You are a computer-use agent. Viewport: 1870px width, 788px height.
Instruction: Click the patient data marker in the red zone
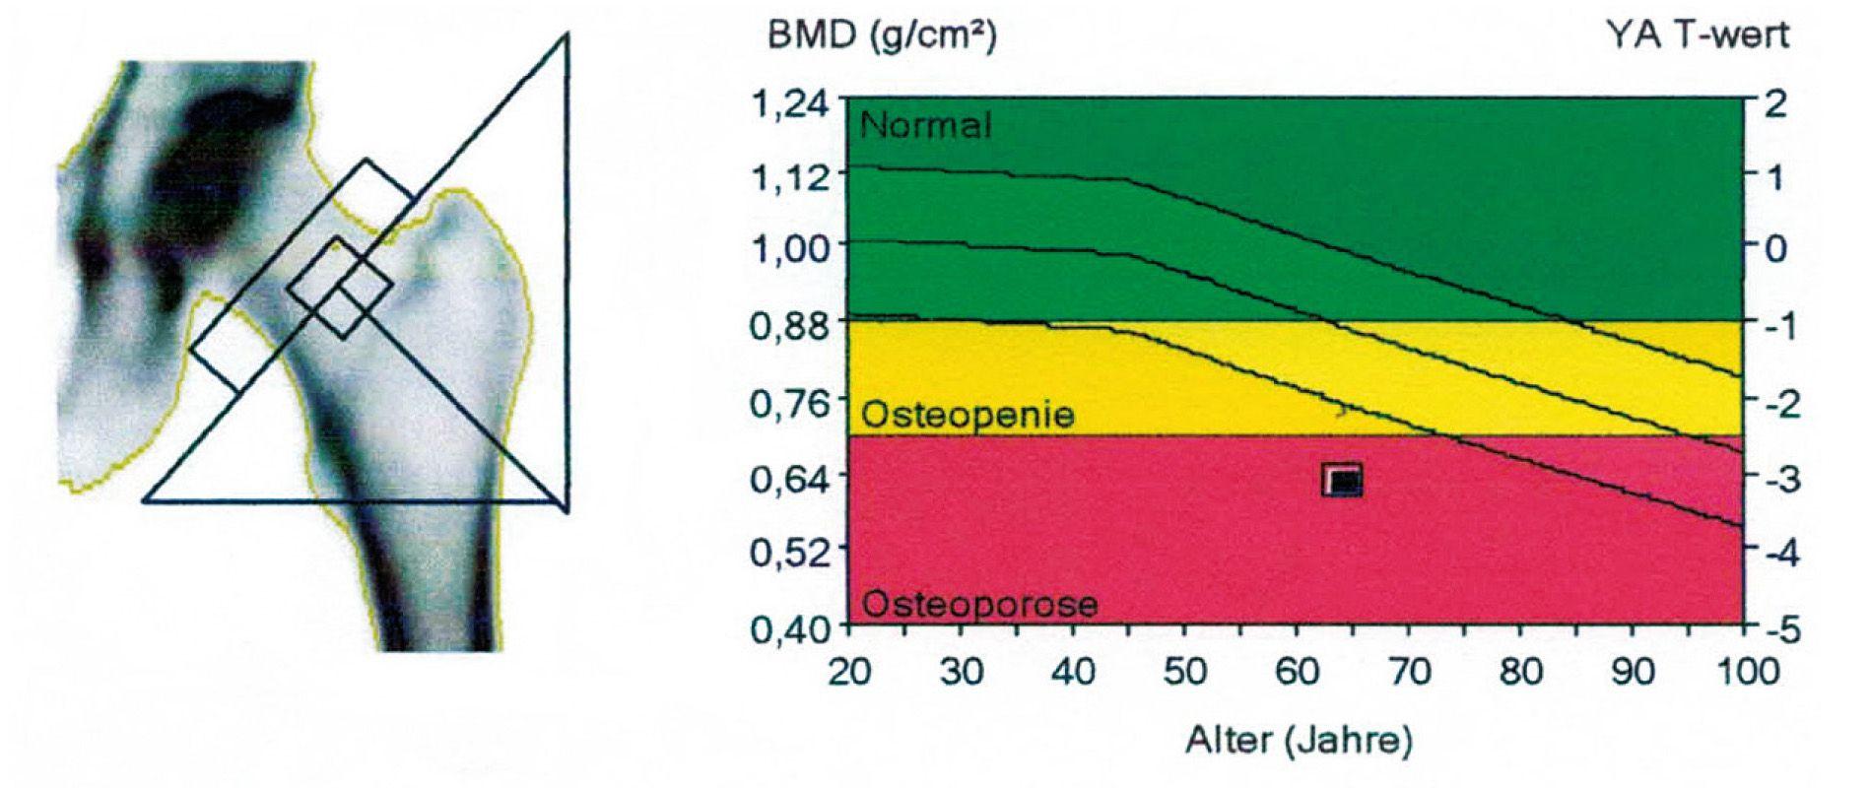[x=1342, y=480]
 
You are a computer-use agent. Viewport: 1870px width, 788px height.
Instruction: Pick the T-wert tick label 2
[x=1775, y=101]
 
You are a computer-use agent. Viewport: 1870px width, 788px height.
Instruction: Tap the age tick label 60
[x=1297, y=672]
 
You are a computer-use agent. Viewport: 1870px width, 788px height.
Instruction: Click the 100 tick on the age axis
[x=1744, y=672]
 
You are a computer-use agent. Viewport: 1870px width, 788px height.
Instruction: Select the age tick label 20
[x=848, y=672]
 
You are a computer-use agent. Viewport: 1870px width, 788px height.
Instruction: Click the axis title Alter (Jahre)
[x=1298, y=740]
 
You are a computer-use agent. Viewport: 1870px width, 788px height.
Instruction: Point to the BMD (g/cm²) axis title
[x=882, y=36]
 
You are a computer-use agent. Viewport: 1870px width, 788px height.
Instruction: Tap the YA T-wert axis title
[x=1697, y=36]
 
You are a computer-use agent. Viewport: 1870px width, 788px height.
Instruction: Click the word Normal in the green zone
[x=926, y=125]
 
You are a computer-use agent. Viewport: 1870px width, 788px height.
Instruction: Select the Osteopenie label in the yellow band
[x=968, y=415]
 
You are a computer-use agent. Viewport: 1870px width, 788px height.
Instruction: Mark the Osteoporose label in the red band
[x=979, y=603]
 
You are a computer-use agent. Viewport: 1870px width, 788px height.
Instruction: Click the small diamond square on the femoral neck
[x=339, y=288]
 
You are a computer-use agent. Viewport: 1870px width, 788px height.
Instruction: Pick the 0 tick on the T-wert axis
[x=1775, y=247]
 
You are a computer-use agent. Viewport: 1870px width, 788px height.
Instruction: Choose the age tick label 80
[x=1520, y=672]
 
